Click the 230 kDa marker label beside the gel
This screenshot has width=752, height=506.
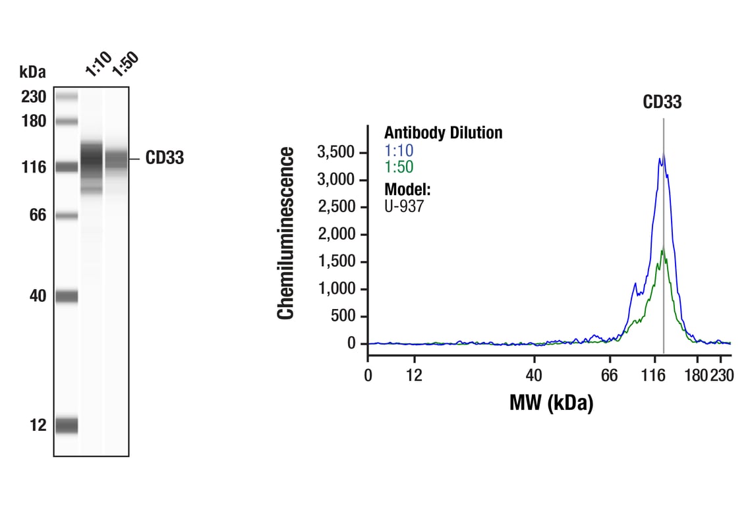(x=33, y=98)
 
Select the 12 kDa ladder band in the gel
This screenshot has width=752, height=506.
(x=66, y=426)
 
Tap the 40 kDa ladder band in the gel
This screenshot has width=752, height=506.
(x=66, y=296)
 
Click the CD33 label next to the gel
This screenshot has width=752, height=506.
(x=165, y=159)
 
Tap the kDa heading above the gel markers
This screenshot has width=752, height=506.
(x=33, y=71)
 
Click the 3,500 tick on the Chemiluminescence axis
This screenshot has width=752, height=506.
(x=337, y=152)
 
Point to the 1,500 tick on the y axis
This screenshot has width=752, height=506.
(x=337, y=262)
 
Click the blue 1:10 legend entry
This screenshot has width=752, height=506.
(x=399, y=151)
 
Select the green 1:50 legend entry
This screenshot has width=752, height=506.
(x=399, y=167)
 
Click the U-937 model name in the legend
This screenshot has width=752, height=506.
(x=404, y=206)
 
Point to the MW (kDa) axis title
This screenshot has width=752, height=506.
(x=551, y=403)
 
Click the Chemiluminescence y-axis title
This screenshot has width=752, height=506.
(x=286, y=234)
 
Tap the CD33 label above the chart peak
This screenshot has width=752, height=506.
(x=662, y=102)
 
